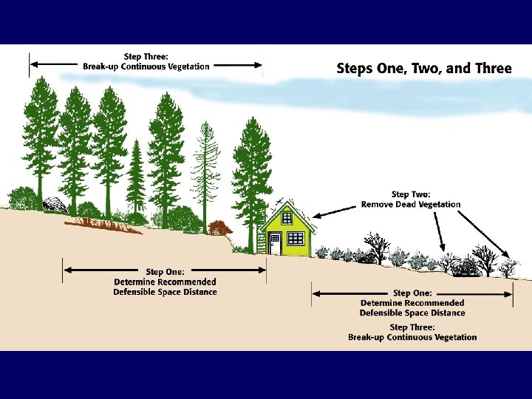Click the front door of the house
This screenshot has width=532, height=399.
tap(274, 243)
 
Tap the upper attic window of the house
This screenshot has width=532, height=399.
tap(287, 218)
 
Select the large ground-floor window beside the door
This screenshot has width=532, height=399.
tap(295, 238)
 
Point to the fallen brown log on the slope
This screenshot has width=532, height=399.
tap(103, 225)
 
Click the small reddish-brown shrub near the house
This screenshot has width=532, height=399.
tap(219, 228)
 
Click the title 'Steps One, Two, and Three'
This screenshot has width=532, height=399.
tap(423, 69)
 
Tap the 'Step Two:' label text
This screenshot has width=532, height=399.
tap(410, 194)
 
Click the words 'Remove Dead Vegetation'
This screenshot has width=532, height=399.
tap(410, 205)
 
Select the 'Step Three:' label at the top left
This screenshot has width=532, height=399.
tap(146, 56)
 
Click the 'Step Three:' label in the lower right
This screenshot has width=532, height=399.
tap(412, 327)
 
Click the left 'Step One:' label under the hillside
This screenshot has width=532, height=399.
tap(165, 272)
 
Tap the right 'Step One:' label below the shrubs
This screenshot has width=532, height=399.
tap(412, 293)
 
